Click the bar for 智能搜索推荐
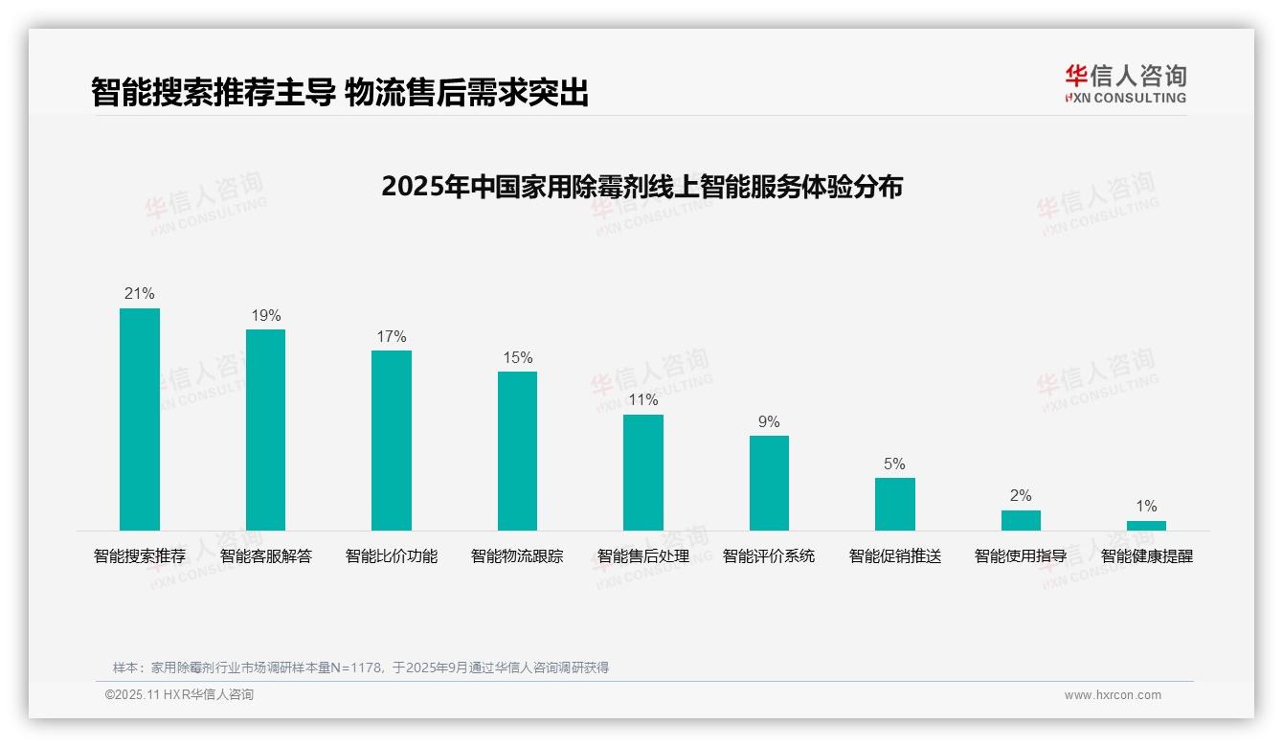(140, 419)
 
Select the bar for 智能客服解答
(265, 430)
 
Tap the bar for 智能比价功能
(392, 441)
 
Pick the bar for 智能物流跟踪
(517, 451)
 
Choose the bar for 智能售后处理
(643, 472)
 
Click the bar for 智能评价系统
(769, 483)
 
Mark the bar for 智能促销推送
(895, 504)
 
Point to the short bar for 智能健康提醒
(1146, 526)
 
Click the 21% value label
(140, 294)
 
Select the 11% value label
(643, 400)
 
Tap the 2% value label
(1021, 496)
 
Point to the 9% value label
(769, 421)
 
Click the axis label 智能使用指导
(1021, 556)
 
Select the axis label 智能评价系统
(769, 556)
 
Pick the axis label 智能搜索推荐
(140, 556)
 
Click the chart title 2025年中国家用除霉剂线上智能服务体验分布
(641, 187)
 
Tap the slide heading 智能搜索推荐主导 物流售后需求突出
(340, 93)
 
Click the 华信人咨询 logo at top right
(1125, 84)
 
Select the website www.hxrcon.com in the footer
(1113, 695)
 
